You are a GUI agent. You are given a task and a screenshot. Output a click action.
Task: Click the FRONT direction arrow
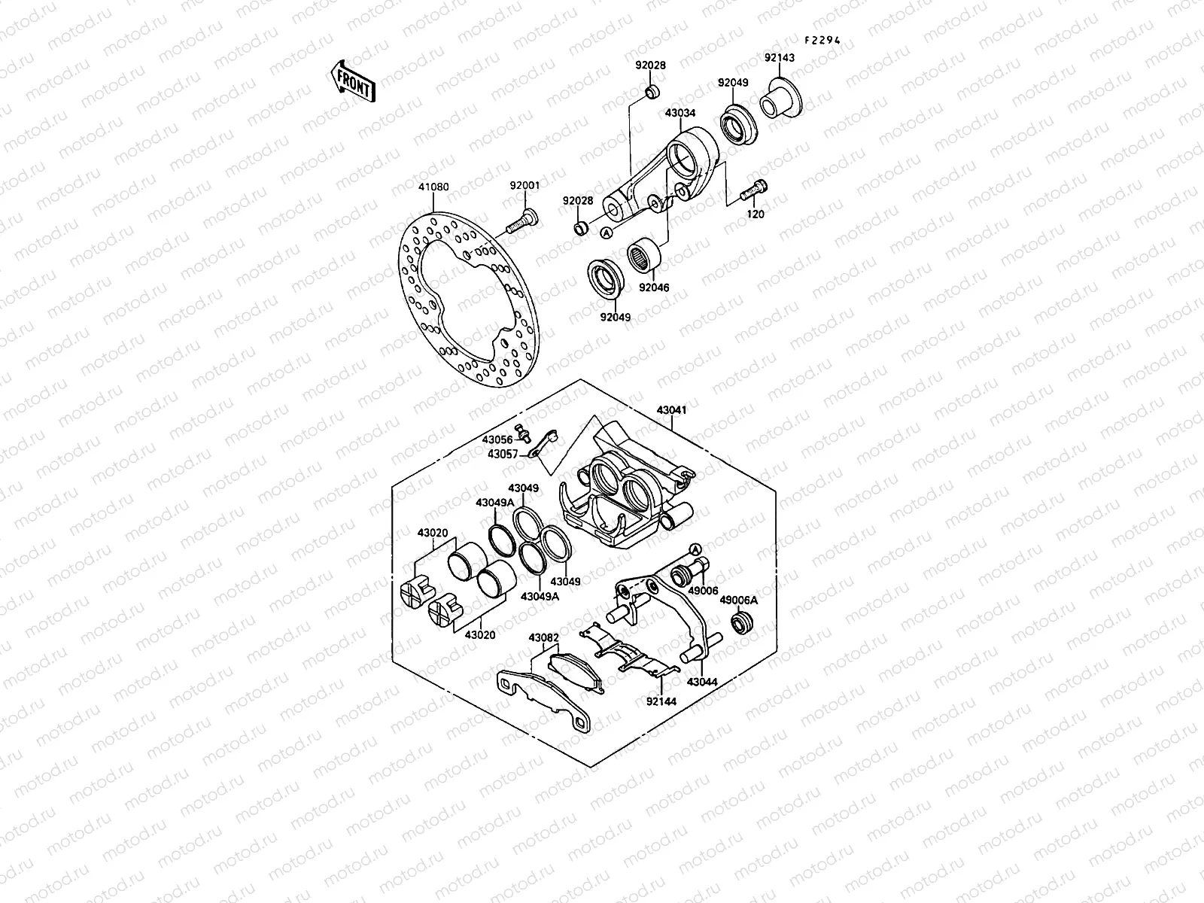point(353,81)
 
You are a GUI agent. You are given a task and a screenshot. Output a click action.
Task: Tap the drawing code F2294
point(822,40)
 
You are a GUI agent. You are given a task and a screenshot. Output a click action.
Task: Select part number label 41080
point(433,187)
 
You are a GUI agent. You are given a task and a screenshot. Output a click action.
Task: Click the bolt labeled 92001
point(521,221)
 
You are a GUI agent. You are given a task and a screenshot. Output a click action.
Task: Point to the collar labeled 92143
point(780,99)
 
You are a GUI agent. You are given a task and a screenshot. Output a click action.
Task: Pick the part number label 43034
point(680,113)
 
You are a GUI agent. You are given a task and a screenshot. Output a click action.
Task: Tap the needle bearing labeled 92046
point(644,256)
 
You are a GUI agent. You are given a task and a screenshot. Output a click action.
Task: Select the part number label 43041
point(671,410)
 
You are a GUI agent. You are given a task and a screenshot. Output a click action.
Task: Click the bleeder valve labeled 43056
point(523,433)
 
